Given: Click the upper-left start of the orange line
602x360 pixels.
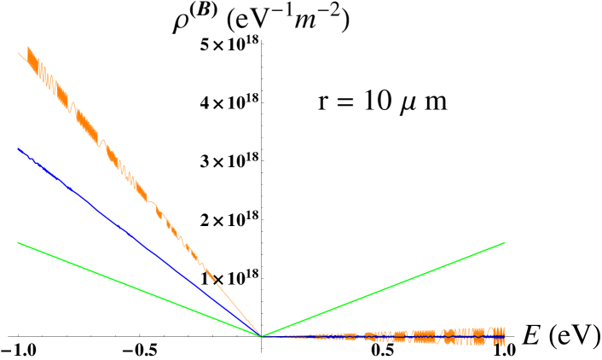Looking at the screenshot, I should (20, 54).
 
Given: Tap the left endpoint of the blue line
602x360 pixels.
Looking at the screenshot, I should (18, 148).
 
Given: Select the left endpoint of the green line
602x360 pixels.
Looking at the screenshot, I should (18, 242).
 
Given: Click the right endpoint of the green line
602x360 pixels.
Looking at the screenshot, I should (505, 242).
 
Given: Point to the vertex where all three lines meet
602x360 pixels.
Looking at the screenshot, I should (260, 336).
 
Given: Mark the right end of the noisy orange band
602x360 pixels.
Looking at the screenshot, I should (504, 336).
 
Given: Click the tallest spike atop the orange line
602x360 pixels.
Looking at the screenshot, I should (28, 47).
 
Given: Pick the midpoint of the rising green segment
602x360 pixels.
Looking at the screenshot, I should (383, 289).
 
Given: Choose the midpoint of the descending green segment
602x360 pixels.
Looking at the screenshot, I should (139, 289).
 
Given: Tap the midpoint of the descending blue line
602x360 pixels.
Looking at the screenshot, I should (139, 242).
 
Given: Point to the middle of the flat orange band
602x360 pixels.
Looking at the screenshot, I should (384, 337).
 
